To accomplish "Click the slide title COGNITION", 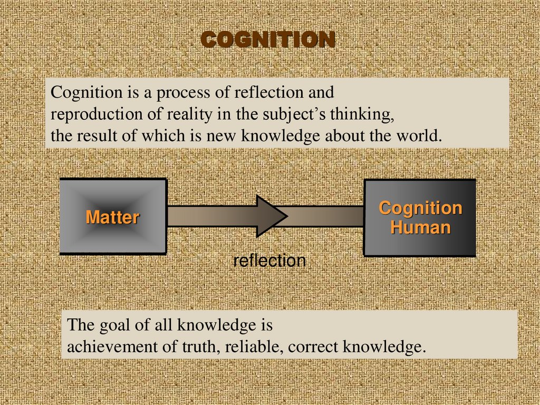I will (x=268, y=40).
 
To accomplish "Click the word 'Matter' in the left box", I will (x=112, y=217).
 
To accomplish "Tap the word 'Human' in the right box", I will (x=420, y=228).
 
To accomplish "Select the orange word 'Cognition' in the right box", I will (x=420, y=208).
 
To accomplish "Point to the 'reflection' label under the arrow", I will (x=269, y=260).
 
